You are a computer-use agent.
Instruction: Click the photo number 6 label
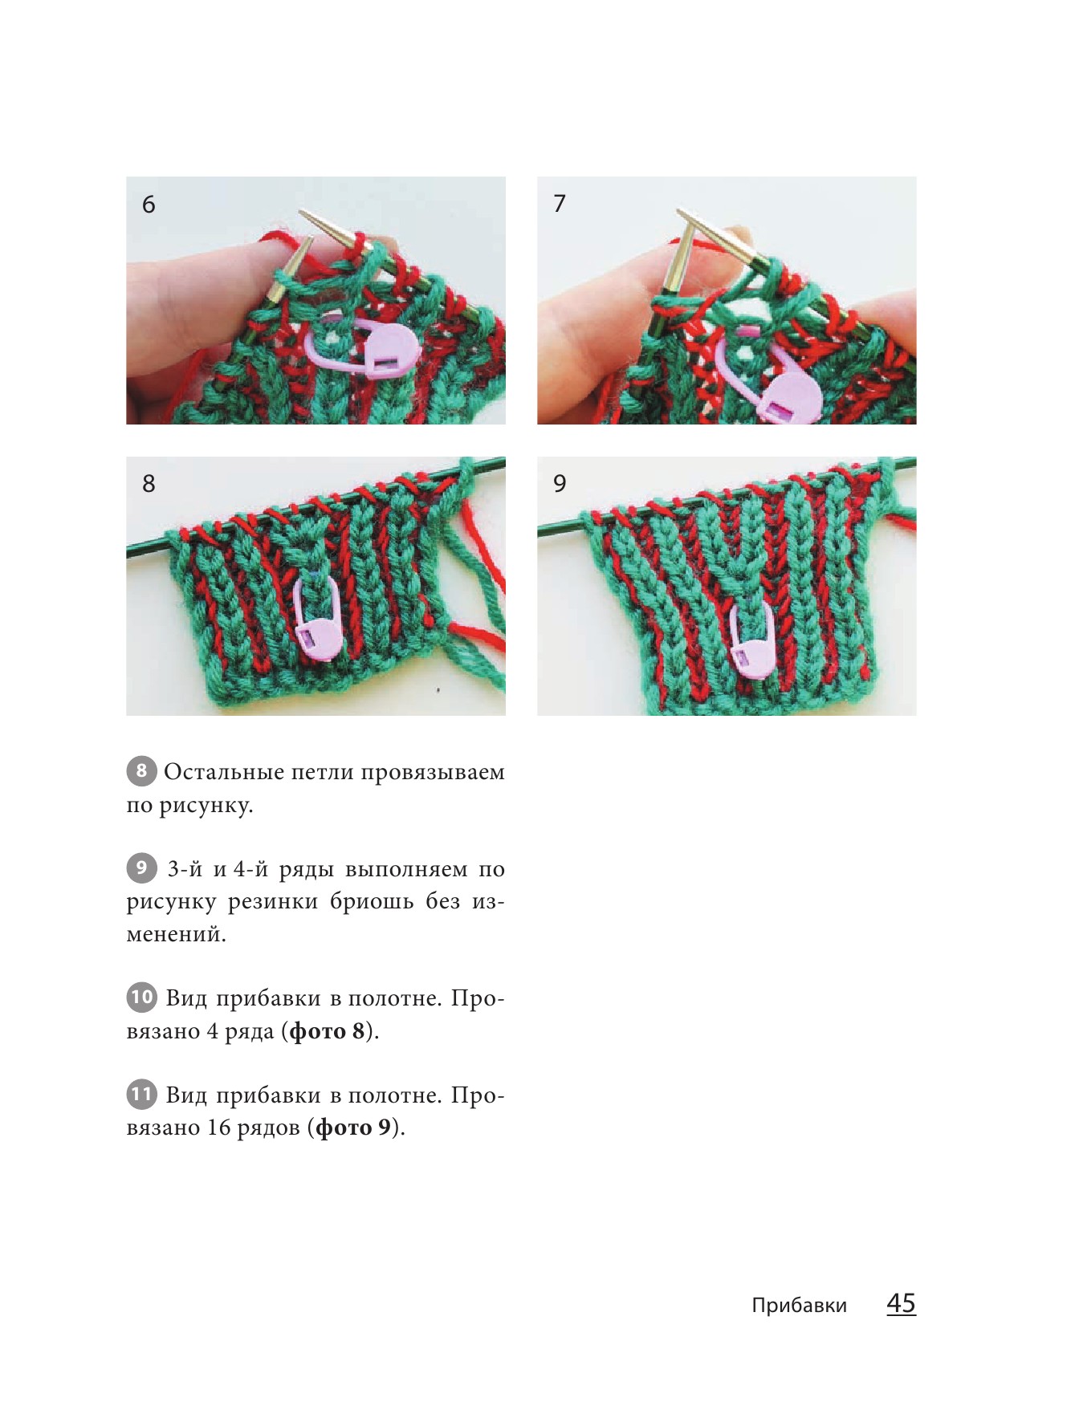149,204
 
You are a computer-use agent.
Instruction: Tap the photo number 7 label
560,203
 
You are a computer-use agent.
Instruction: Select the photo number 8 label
149,483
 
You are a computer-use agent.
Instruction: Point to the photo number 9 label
560,483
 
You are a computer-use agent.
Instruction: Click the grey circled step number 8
141,771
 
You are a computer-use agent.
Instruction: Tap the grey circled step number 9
141,867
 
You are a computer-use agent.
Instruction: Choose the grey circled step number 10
141,997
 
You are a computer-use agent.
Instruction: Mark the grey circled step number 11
141,1094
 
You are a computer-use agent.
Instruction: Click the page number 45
901,1302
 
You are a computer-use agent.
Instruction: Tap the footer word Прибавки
799,1306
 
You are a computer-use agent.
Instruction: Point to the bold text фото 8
328,1030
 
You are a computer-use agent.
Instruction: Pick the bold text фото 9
353,1127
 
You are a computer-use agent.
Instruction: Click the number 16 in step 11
218,1127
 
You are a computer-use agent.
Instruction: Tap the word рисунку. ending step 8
206,806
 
